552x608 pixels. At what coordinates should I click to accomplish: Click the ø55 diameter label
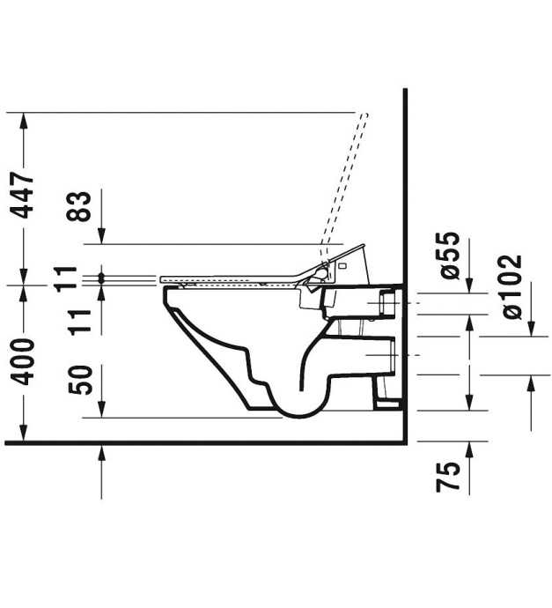449,256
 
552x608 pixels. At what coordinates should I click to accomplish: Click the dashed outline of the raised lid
348,185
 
